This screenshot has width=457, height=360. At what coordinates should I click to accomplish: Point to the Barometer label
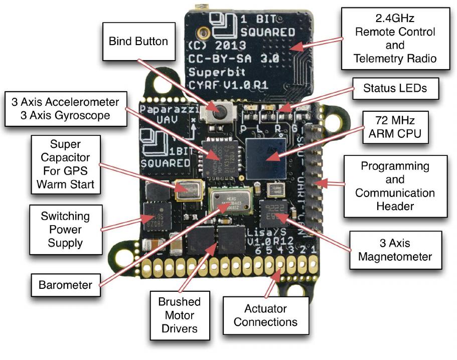(65, 285)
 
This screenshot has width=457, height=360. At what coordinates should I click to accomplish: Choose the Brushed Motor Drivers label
(179, 315)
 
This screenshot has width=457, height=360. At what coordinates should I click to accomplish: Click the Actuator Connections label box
(265, 315)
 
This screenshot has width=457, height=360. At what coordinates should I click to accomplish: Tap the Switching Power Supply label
(66, 230)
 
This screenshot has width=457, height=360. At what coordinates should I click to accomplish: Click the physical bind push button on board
(218, 108)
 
